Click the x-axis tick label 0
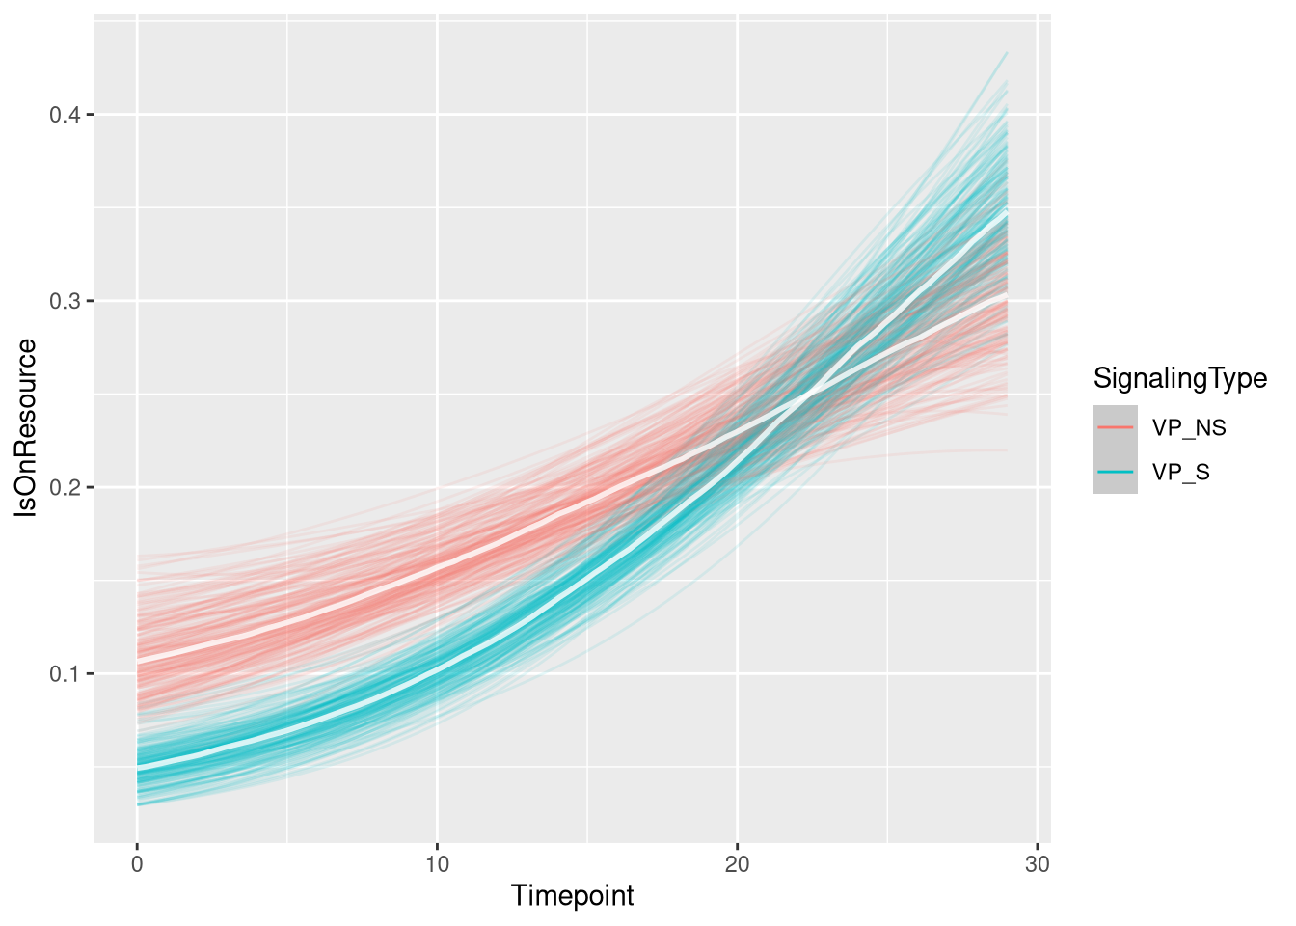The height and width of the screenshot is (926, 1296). click(137, 864)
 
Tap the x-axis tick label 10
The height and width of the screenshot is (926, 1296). click(437, 864)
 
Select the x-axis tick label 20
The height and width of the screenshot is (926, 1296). click(737, 864)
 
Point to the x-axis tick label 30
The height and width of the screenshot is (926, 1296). click(1037, 864)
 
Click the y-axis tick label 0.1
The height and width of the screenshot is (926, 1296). click(64, 673)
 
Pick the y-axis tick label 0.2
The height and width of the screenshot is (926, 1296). click(64, 487)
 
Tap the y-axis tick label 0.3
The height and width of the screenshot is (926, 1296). click(64, 301)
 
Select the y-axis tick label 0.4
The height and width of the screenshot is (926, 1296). click(64, 115)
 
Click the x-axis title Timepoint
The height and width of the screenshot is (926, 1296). click(572, 896)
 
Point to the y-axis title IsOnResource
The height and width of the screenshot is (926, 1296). click(28, 428)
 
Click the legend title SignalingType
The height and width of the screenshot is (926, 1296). click(1179, 378)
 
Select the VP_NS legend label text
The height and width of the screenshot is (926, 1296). click(1189, 427)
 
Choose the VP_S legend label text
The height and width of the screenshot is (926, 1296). click(1180, 473)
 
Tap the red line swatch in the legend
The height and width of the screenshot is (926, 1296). click(1116, 427)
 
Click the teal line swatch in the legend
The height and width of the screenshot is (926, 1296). click(1116, 473)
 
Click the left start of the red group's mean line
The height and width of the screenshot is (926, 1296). click(138, 661)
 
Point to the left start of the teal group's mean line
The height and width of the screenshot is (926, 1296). click(138, 766)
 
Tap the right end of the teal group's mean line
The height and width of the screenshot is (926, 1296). click(1007, 211)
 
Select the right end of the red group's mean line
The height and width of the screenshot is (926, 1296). click(1007, 293)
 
